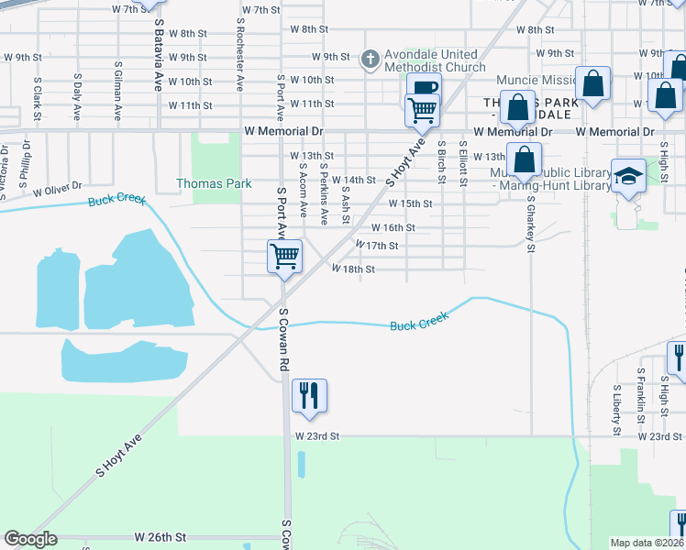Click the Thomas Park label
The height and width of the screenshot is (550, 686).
(x=214, y=183)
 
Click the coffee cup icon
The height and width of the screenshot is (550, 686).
(x=424, y=89)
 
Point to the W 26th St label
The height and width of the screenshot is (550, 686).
(x=160, y=535)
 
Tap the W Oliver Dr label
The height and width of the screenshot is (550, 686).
(x=58, y=191)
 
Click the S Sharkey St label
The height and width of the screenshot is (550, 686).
(x=530, y=221)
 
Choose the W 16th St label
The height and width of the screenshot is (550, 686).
(x=393, y=227)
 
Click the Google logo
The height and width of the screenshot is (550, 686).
(x=30, y=539)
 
